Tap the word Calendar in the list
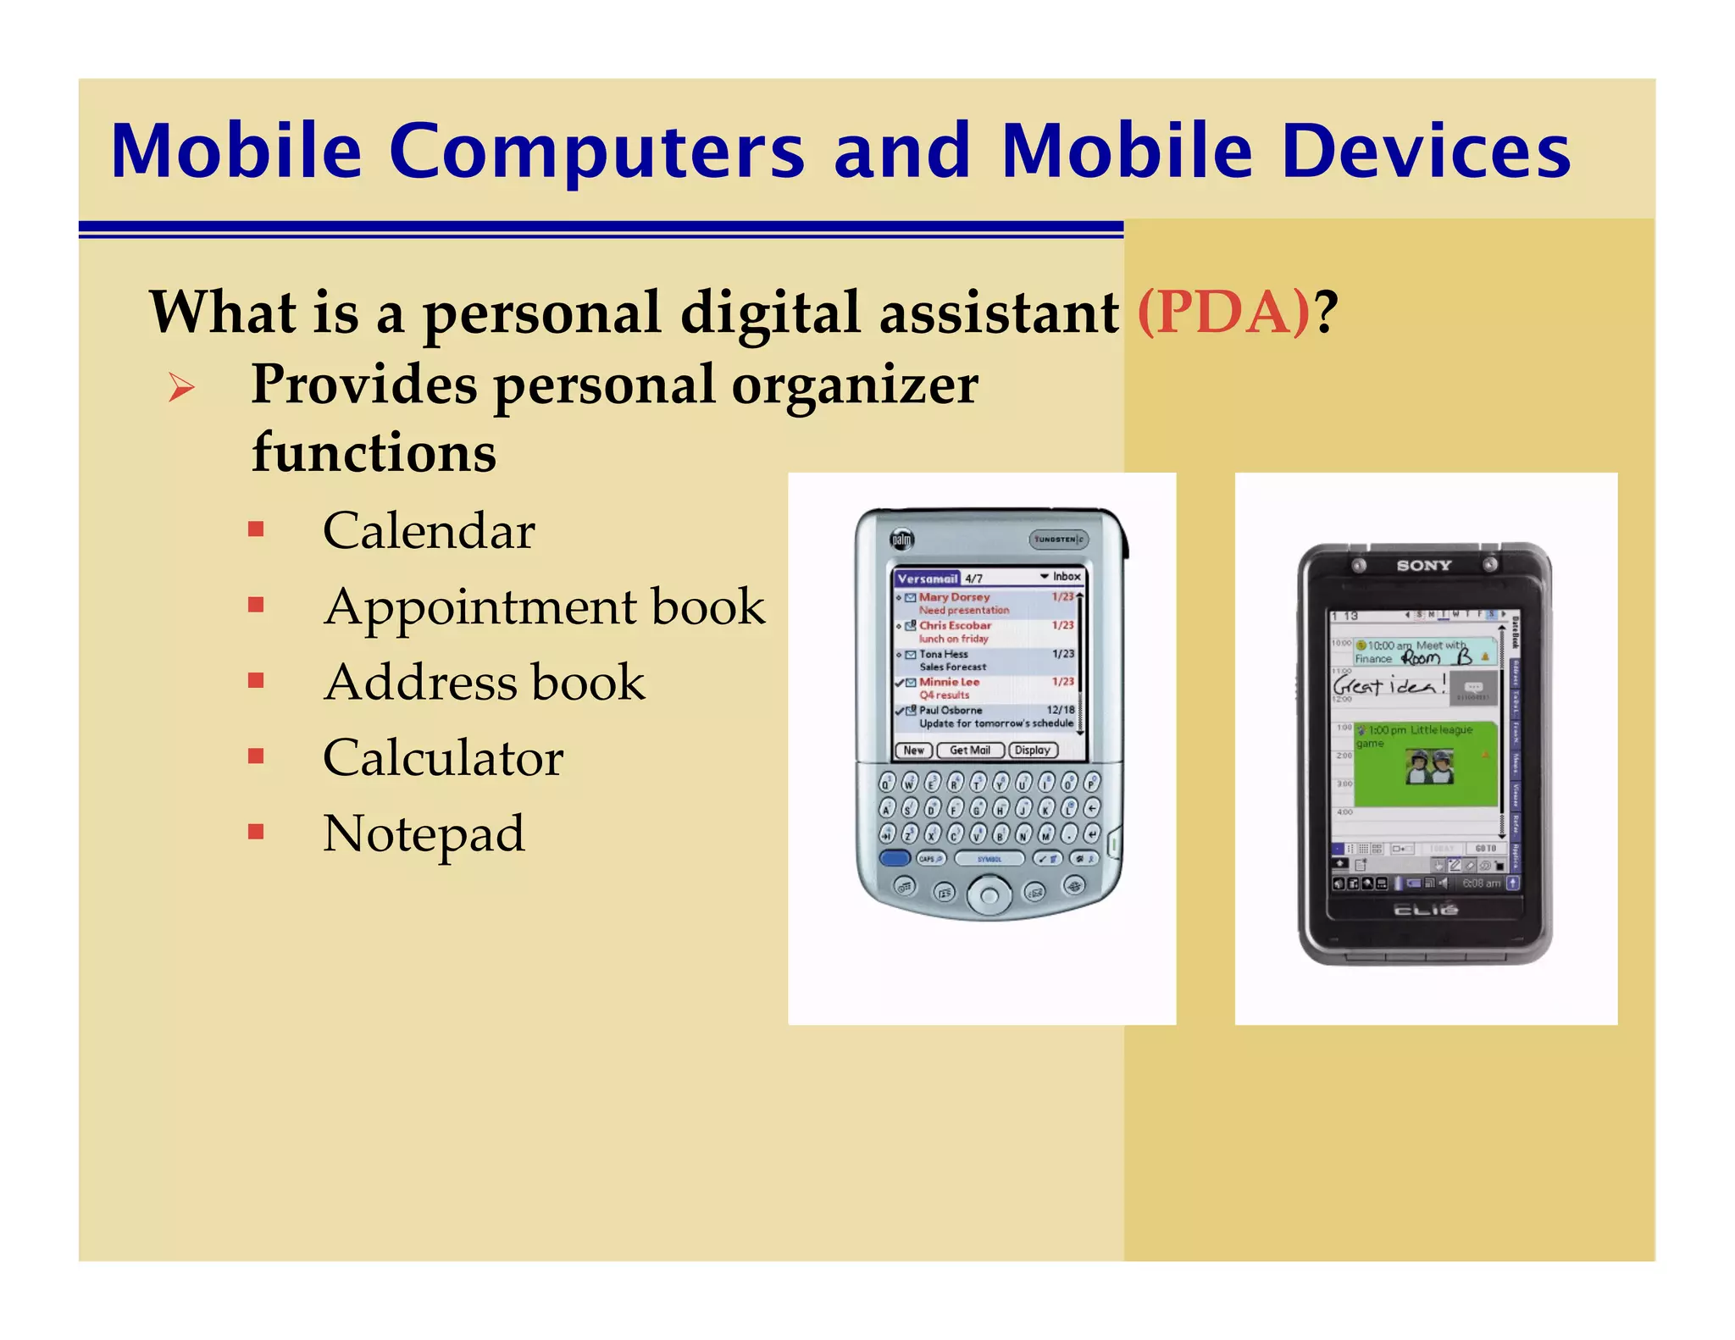[429, 531]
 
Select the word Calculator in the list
[442, 758]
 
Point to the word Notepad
[424, 833]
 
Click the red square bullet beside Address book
[256, 681]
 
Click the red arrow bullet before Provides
[181, 388]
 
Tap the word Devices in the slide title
[1427, 152]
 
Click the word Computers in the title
[596, 152]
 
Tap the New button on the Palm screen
[913, 750]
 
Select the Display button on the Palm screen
[1033, 750]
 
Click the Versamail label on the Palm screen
[927, 579]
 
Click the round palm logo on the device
[901, 540]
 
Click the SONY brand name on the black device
[1423, 565]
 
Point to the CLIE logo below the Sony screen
[1426, 910]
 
